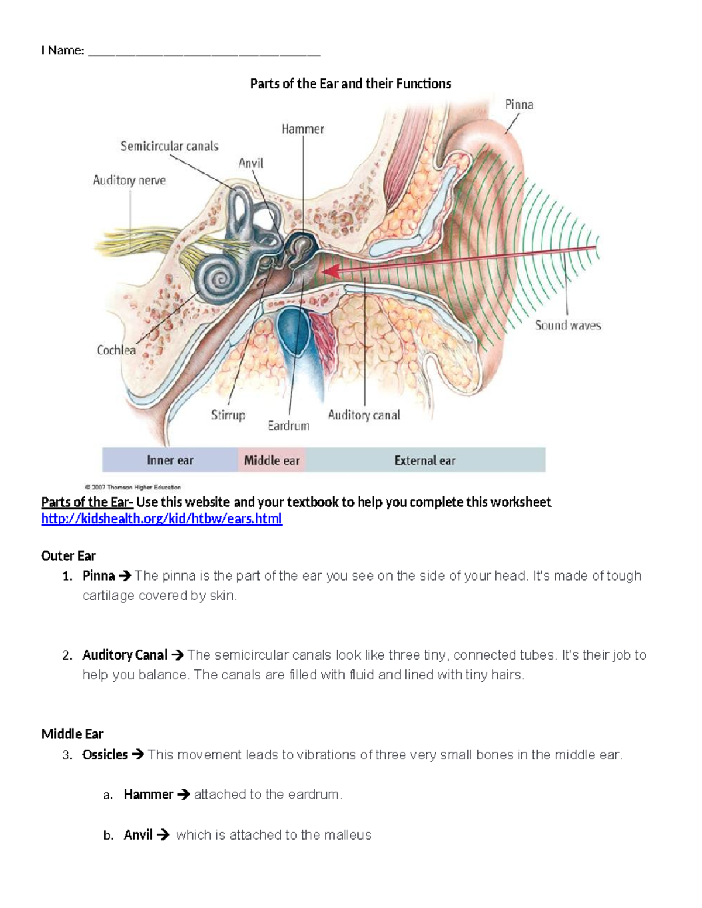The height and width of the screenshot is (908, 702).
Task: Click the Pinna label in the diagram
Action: coord(519,105)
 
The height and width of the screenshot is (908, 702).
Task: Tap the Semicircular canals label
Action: coord(169,146)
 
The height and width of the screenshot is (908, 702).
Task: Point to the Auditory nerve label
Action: coord(129,180)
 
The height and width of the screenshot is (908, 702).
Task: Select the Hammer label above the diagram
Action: coord(302,129)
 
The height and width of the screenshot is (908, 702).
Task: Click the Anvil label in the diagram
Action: coord(251,163)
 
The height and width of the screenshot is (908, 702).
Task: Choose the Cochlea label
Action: coord(116,350)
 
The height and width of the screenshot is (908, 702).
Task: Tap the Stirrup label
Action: coord(228,415)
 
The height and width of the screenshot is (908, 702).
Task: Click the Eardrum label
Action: coord(288,426)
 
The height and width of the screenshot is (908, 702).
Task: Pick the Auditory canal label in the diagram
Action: coord(364,415)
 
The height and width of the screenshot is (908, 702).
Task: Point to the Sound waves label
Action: coord(568,326)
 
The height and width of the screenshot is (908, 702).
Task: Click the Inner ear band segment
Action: coord(170,460)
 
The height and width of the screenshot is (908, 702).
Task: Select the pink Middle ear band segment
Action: coord(271,460)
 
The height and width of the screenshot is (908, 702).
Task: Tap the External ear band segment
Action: coord(425,460)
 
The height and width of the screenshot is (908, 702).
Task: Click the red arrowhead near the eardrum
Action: coord(331,271)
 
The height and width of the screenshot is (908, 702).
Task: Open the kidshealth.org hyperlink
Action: coord(161,519)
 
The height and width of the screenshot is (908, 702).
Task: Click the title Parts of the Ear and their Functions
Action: coord(350,84)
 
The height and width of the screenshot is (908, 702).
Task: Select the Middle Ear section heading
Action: coord(72,734)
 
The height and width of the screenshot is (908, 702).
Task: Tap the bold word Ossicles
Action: coord(105,755)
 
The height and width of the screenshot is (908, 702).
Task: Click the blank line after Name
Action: coord(204,51)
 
